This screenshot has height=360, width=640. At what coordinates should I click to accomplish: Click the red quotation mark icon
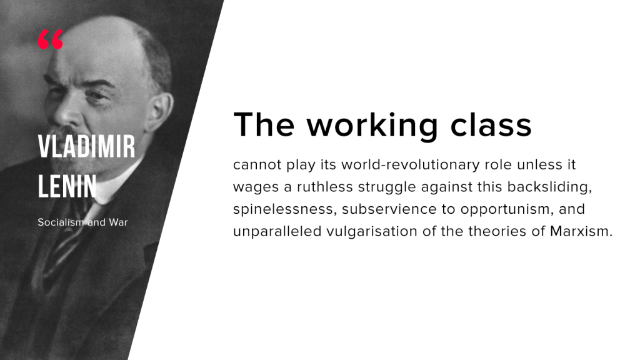(x=51, y=39)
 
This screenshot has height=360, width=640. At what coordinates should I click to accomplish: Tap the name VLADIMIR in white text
(x=86, y=146)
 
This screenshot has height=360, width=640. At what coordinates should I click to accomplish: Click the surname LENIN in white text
(x=67, y=186)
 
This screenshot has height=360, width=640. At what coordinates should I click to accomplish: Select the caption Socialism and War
(x=82, y=222)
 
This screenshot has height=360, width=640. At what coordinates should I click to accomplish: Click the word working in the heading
(x=372, y=125)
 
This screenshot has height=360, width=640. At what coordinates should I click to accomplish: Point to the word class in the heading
(x=491, y=124)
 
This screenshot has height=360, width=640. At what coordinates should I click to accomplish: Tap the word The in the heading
(x=264, y=124)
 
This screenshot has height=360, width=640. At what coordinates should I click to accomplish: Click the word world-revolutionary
(x=411, y=165)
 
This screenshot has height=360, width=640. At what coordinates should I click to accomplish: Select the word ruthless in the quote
(x=324, y=187)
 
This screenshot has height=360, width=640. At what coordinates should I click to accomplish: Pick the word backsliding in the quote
(x=549, y=187)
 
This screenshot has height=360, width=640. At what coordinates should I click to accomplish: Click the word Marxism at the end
(x=581, y=231)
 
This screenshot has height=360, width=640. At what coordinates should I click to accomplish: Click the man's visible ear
(x=161, y=109)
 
